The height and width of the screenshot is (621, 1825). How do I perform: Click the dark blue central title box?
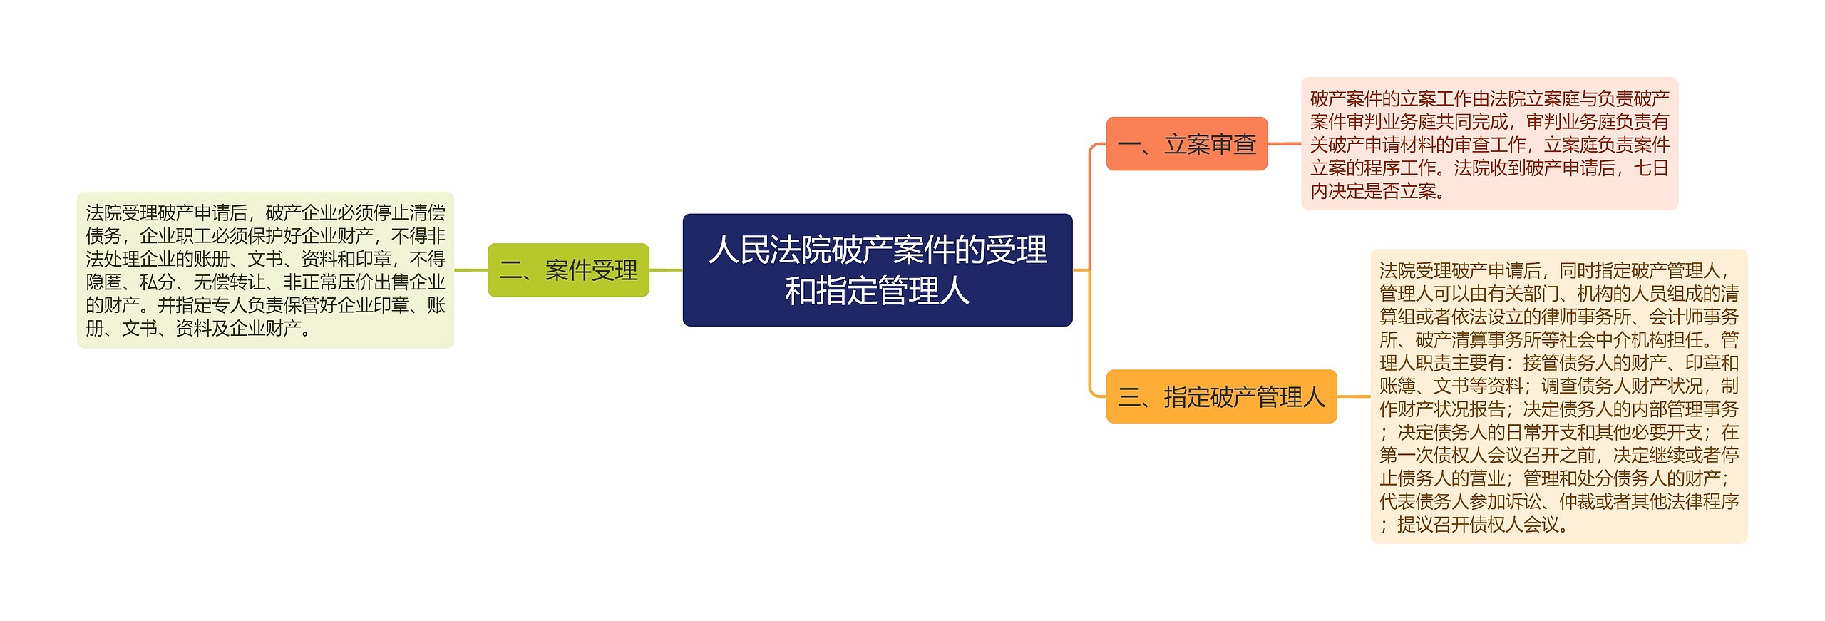coord(877,270)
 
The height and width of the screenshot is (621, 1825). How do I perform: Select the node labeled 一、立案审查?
coord(1186,144)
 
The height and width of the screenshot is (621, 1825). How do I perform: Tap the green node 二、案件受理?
coord(568,270)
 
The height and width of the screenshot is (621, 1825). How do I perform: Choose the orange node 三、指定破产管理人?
coord(1220,396)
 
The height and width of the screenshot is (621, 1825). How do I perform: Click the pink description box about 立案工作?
coord(1489,144)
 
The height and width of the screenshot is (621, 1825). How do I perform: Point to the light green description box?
coord(265,270)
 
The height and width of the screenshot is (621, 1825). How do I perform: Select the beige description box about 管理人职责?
coord(1558,396)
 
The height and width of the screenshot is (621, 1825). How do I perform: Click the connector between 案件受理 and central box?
coord(666,270)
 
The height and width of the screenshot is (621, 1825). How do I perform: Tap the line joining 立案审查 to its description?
coord(1284,144)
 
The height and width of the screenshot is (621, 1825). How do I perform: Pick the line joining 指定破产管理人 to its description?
coord(1353,396)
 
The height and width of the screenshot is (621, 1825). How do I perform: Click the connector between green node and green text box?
coord(471,270)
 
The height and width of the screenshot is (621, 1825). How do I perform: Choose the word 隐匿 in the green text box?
coord(103,282)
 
